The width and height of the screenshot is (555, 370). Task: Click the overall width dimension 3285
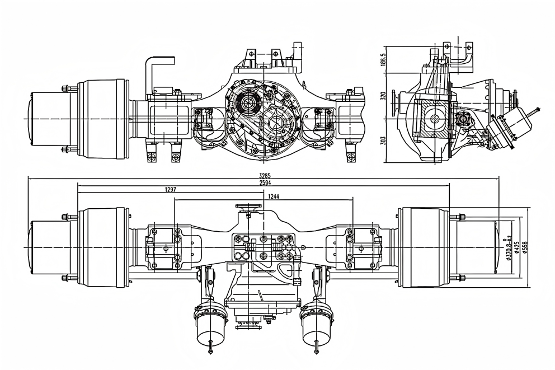tap(262, 176)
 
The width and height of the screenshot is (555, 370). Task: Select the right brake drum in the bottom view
tap(425, 247)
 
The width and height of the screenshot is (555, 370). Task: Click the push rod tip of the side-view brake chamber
tap(538, 109)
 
